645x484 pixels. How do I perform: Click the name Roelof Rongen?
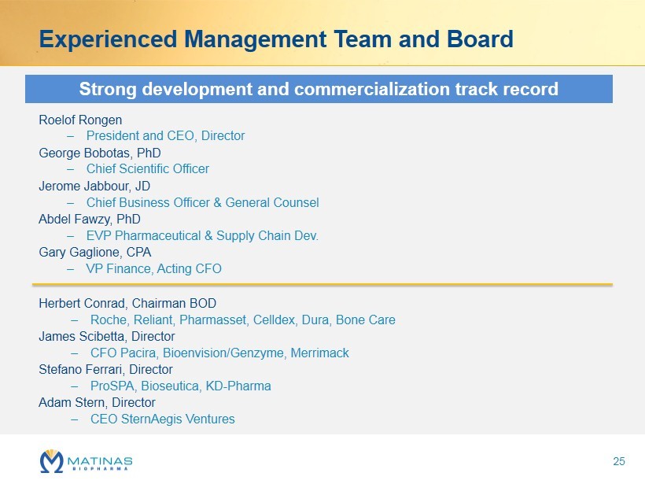80,120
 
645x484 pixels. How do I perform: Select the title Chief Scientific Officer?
148,168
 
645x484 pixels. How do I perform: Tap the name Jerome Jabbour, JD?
94,186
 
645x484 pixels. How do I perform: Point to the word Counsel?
297,202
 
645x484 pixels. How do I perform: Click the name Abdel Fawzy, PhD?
89,220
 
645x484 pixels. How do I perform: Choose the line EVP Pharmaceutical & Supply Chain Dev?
202,236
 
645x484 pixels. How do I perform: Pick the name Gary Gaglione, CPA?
94,253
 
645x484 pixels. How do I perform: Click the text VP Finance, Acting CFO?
154,268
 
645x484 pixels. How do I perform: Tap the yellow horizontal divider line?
322,284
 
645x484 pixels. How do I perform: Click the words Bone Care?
366,320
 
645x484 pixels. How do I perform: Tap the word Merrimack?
320,353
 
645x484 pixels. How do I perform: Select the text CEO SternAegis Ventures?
163,419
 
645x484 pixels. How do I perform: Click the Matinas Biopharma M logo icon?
52,461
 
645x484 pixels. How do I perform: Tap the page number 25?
619,461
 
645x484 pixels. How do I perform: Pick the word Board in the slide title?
480,39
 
